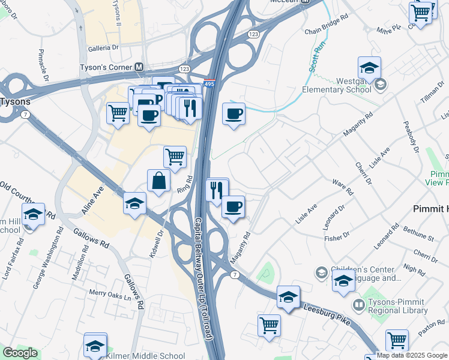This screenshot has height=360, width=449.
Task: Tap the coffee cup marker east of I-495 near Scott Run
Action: point(234,113)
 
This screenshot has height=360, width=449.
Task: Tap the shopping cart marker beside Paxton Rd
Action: point(397,340)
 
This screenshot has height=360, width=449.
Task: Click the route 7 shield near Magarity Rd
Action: point(234,275)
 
